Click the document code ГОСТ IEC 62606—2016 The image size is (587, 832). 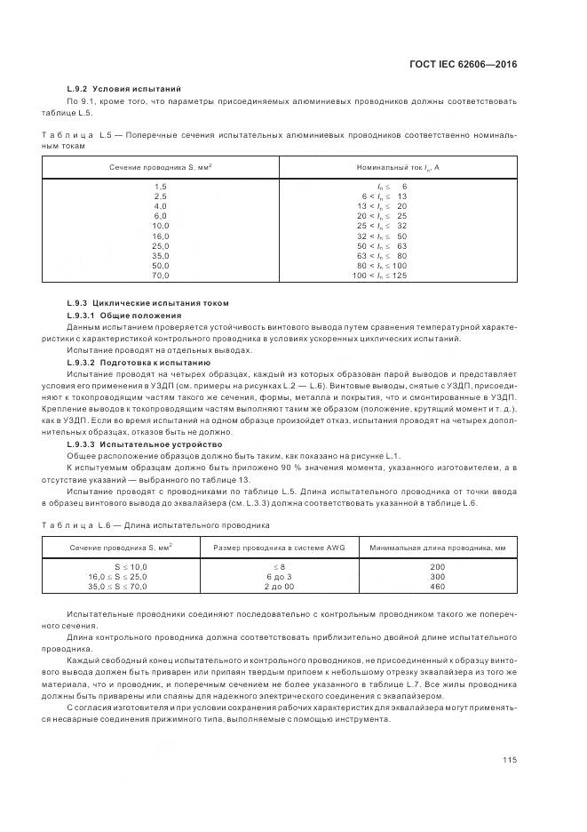(x=462, y=64)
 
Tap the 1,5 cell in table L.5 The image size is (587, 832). (x=160, y=185)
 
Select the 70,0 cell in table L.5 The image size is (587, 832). (x=160, y=276)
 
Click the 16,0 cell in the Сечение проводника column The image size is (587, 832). (x=160, y=236)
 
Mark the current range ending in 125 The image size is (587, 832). (x=380, y=276)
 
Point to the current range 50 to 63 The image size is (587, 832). (x=382, y=245)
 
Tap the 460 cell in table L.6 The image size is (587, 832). (x=437, y=588)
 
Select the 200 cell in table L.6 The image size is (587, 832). (x=437, y=566)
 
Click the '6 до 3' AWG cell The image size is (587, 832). (x=278, y=577)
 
